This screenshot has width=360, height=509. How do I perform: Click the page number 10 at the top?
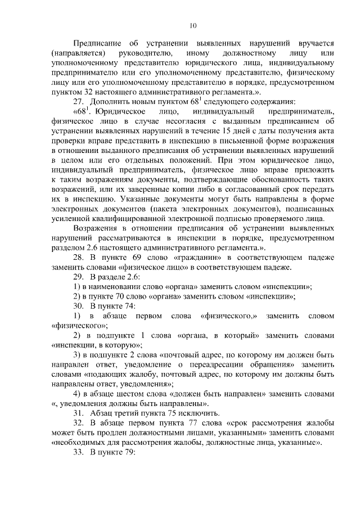tap(193, 25)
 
